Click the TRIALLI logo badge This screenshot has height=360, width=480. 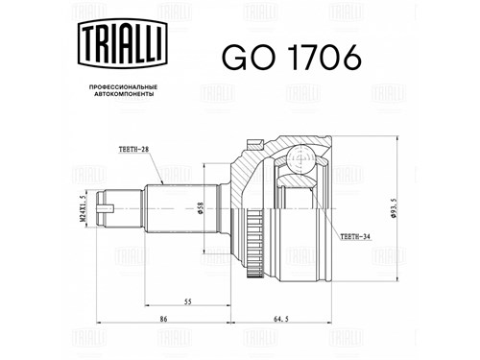click(123, 43)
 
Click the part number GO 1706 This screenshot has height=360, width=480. click(292, 58)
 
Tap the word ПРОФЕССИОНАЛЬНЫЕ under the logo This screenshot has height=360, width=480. click(123, 87)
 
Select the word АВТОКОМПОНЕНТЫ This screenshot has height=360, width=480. click(124, 94)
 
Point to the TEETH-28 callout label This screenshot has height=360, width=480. click(133, 150)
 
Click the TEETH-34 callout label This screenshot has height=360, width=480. click(355, 237)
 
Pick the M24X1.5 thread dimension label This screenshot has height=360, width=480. click(82, 208)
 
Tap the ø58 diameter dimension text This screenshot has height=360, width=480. click(201, 208)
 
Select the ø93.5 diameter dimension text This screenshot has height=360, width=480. click(394, 208)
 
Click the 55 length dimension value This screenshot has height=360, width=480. click(188, 301)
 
